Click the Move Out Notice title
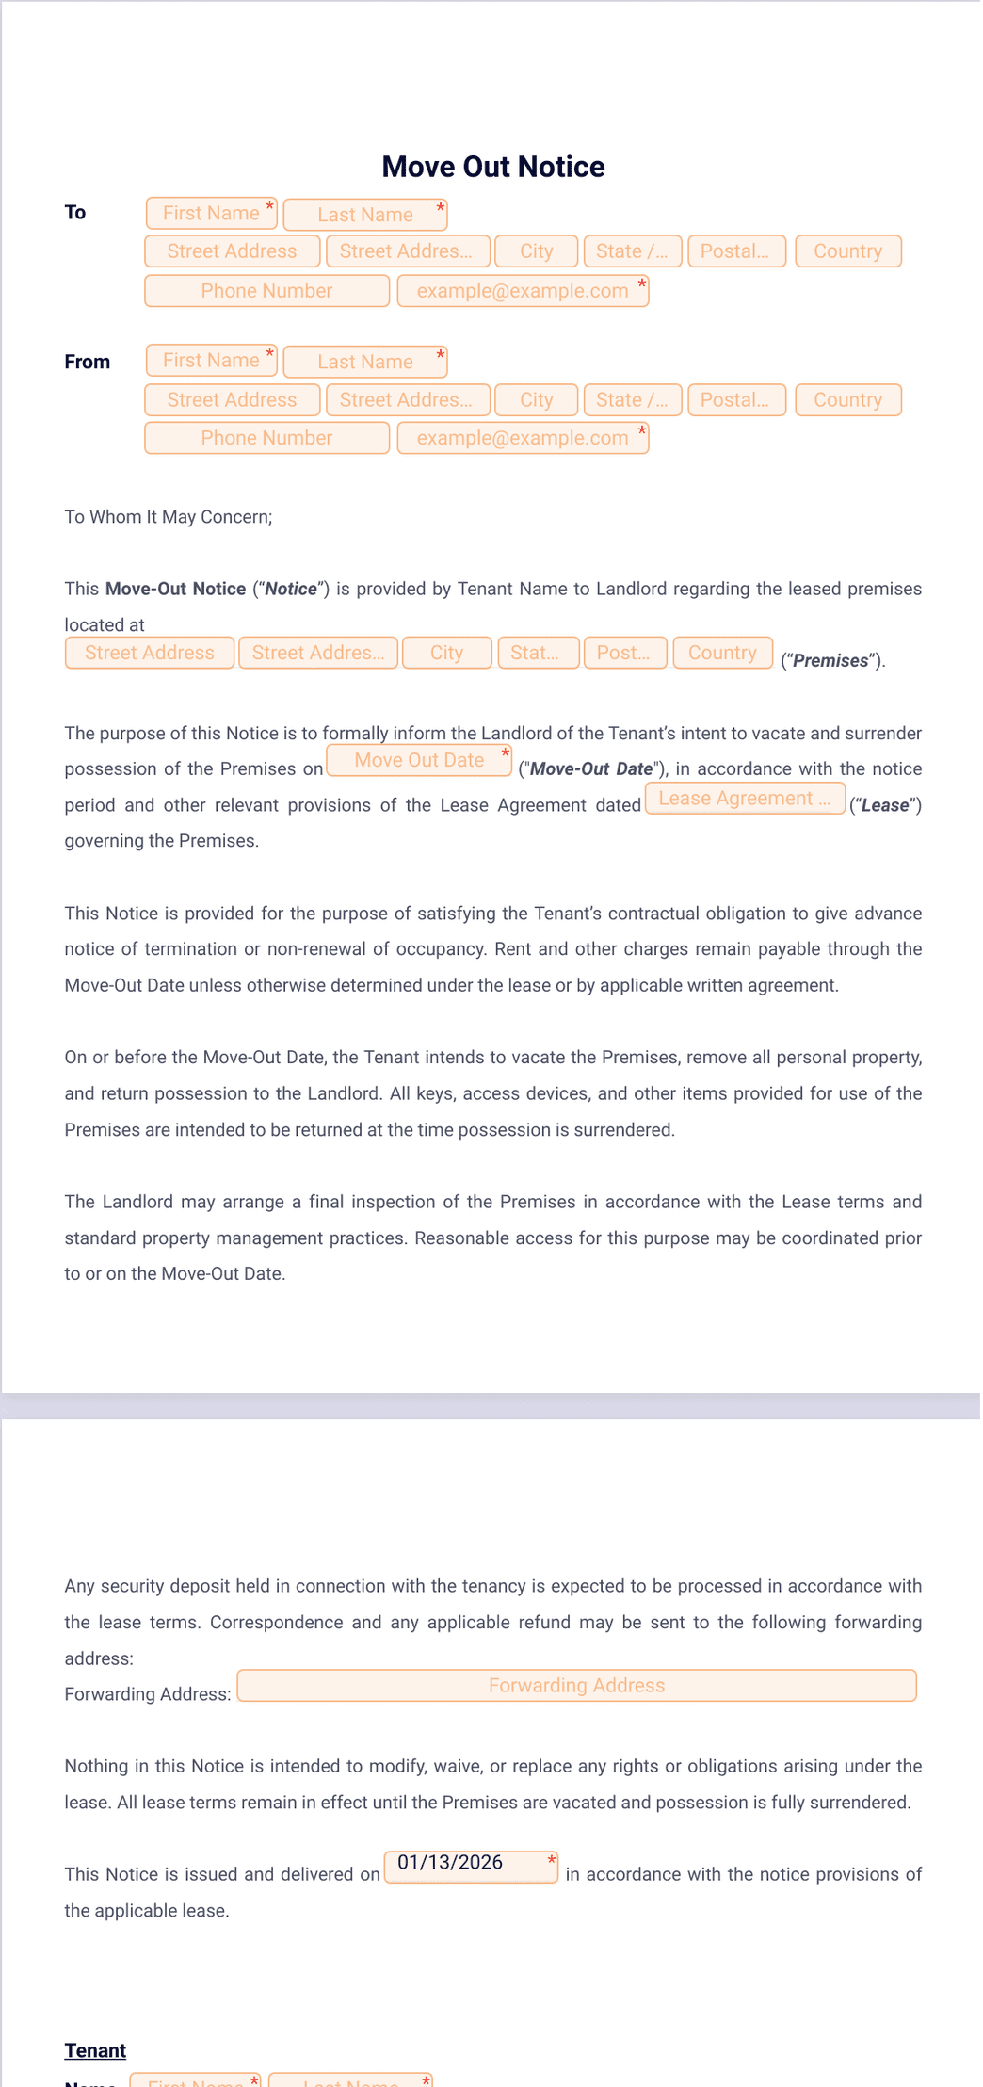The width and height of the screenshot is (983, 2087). click(492, 167)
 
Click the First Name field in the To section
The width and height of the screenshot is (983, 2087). click(211, 214)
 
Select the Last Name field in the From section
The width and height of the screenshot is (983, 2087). click(364, 362)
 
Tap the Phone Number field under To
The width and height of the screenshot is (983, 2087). click(266, 291)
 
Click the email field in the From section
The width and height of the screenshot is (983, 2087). click(523, 438)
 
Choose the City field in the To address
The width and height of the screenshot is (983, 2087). click(536, 251)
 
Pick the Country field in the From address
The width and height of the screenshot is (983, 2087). click(847, 400)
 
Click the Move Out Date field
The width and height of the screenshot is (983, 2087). click(419, 761)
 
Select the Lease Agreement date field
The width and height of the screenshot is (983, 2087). click(744, 799)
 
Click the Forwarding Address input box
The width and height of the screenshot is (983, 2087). click(576, 1686)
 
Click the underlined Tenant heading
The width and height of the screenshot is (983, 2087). click(95, 2050)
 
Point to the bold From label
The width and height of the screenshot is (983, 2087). click(87, 362)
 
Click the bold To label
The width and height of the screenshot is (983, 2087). click(75, 213)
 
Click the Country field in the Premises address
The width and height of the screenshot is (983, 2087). click(722, 653)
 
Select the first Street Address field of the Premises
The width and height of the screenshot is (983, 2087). click(150, 653)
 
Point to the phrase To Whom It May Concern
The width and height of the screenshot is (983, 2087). click(168, 516)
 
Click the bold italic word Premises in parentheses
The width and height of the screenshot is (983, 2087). click(830, 661)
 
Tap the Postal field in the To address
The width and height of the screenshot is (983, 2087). click(735, 251)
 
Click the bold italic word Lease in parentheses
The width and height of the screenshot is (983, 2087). click(885, 806)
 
